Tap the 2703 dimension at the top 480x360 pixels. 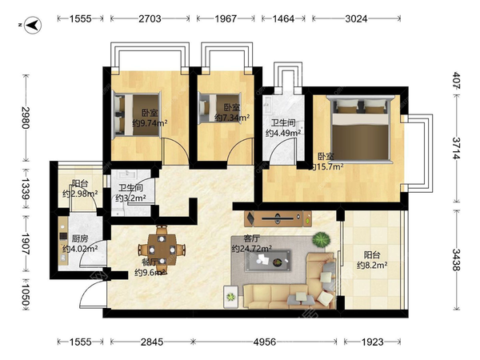(150, 18)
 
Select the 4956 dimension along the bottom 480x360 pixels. (265, 342)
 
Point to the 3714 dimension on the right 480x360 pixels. (457, 148)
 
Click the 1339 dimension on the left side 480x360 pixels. (25, 189)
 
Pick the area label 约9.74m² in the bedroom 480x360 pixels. (150, 123)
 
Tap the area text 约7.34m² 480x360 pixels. (232, 118)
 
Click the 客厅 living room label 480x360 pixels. (251, 238)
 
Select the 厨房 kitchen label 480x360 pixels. (80, 238)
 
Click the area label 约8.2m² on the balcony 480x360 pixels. (372, 265)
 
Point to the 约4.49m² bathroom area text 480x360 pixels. (283, 133)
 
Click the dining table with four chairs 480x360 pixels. (162, 250)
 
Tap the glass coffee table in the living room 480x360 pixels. (268, 261)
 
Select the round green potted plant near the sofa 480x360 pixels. (322, 239)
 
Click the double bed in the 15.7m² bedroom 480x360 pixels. (360, 129)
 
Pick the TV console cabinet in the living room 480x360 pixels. (278, 218)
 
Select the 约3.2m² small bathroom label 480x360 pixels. (130, 198)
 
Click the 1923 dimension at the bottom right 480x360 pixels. (372, 342)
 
